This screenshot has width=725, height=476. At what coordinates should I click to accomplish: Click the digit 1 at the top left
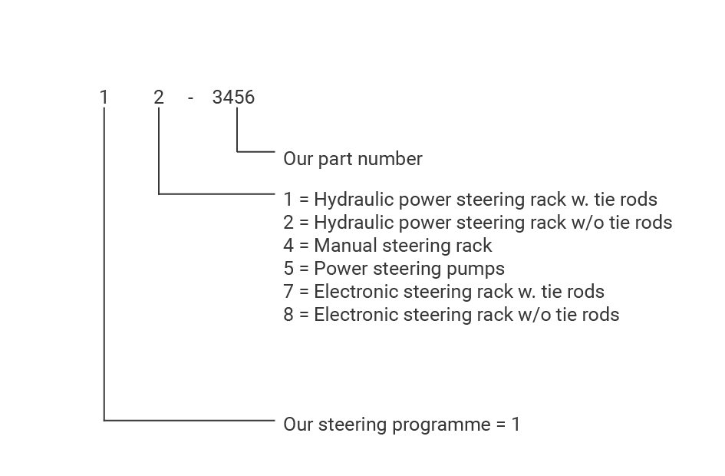pos(104,98)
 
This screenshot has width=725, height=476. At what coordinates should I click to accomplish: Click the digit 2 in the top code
pos(158,98)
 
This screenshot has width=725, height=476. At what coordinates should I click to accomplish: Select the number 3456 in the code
pos(233,98)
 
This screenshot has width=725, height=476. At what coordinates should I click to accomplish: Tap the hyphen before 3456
pos(190,98)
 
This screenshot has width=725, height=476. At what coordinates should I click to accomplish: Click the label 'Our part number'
pos(352,159)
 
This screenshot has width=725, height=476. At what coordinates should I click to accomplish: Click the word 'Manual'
pos(340,246)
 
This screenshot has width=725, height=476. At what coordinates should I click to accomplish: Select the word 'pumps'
pos(481,269)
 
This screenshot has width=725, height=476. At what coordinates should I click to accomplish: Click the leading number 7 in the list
pos(288,292)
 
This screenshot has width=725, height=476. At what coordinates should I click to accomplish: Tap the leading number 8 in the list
pos(288,315)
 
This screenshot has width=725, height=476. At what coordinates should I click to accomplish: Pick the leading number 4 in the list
pos(288,246)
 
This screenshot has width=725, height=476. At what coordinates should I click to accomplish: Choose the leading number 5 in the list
pos(288,269)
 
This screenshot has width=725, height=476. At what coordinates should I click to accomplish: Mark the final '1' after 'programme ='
pos(516,424)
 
